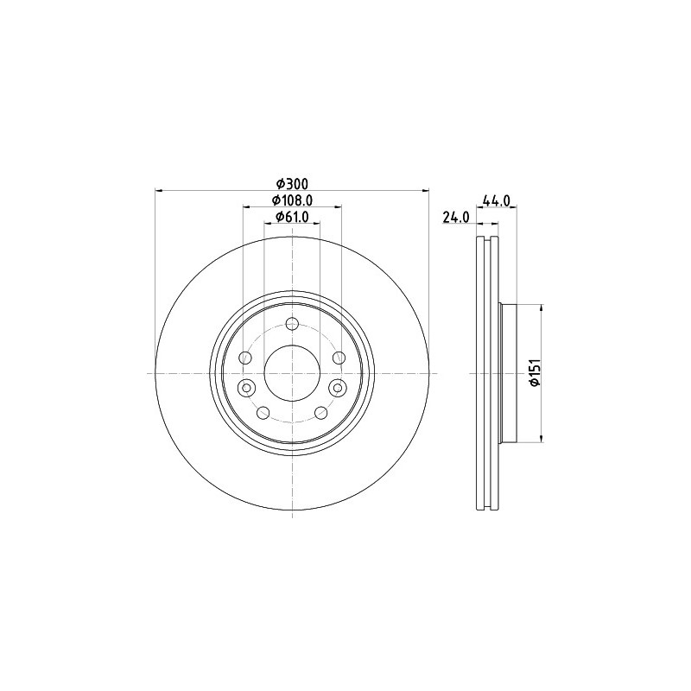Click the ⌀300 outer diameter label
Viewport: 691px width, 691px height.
[x=292, y=183]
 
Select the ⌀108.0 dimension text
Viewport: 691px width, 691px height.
[x=292, y=200]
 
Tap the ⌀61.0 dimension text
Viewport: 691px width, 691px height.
[x=292, y=217]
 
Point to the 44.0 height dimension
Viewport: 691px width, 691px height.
[x=497, y=200]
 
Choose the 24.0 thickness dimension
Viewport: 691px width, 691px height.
[x=456, y=218]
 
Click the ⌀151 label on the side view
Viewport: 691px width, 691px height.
[x=536, y=373]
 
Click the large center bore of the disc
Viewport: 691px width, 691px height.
[x=292, y=373]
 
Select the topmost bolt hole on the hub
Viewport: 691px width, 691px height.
[x=292, y=325]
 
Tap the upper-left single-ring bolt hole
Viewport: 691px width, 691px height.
[x=245, y=358]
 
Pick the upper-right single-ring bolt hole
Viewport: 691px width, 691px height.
[x=339, y=358]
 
